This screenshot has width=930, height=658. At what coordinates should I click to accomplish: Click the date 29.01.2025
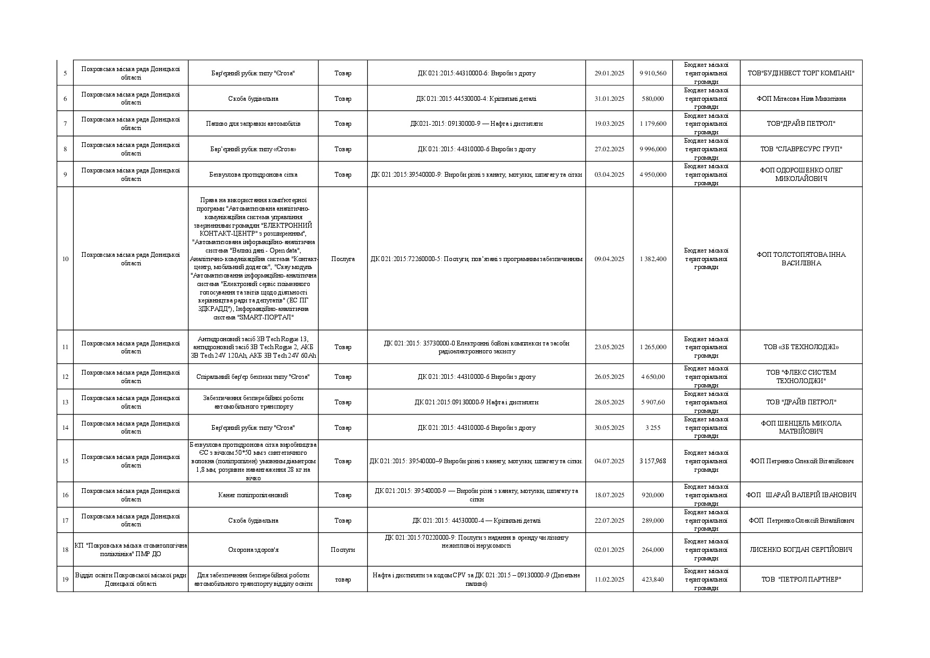(609, 73)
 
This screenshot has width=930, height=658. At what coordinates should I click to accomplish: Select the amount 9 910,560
(653, 73)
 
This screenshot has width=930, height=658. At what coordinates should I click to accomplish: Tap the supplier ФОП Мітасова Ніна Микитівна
(801, 99)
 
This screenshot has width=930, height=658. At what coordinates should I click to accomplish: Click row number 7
(65, 124)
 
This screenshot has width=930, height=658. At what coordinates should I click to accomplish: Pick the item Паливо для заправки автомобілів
(253, 124)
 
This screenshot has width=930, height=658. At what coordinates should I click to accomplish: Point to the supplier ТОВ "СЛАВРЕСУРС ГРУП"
(801, 149)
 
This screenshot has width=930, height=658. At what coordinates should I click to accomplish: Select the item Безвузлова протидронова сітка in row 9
(253, 175)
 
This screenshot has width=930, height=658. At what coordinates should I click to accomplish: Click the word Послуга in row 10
(343, 259)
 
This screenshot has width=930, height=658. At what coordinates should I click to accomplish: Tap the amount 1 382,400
(653, 259)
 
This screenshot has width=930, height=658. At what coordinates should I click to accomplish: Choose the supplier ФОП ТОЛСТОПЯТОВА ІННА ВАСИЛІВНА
(801, 259)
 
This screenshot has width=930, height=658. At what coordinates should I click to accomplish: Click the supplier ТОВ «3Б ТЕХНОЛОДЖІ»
(801, 347)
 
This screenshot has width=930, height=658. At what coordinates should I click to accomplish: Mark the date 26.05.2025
(609, 377)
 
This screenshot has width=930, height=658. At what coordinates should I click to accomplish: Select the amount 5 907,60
(653, 402)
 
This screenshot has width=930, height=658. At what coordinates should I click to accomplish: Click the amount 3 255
(653, 428)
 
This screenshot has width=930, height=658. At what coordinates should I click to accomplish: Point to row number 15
(65, 461)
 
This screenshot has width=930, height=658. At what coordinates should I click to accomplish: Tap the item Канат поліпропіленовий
(253, 495)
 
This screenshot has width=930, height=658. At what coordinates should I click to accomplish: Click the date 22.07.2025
(609, 521)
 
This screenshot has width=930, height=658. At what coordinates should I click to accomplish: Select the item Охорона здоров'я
(253, 550)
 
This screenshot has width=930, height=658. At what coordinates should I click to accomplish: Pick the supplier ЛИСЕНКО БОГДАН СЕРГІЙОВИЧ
(801, 550)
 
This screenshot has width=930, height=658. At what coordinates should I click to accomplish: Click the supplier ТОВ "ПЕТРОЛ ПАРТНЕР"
(801, 579)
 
